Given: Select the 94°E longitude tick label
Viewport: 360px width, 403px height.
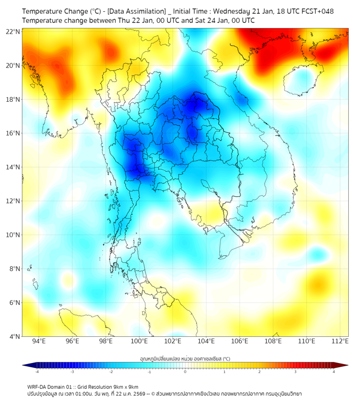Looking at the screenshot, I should [39, 341].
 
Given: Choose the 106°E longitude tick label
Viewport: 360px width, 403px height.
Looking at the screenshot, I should [240, 341].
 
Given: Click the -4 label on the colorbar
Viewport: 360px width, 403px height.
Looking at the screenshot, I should [37, 372].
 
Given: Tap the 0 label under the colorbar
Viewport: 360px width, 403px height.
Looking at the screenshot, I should [185, 372].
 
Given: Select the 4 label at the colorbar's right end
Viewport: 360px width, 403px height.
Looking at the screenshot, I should [333, 372].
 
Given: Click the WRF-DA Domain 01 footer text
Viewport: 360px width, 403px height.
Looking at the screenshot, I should [53, 386].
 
